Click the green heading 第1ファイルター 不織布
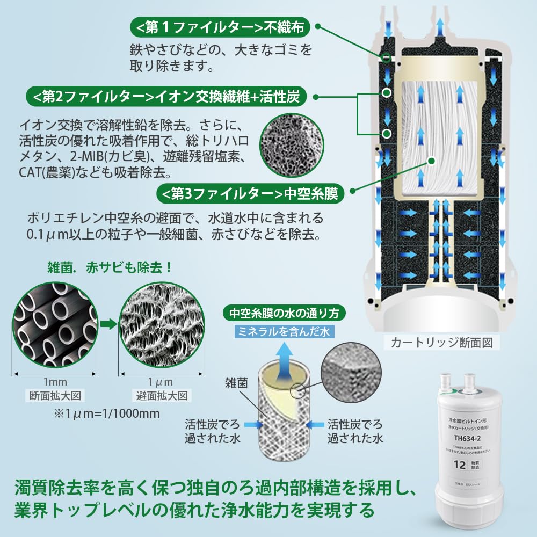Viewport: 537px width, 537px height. tap(220, 26)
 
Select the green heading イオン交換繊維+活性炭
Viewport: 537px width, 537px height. tap(166, 97)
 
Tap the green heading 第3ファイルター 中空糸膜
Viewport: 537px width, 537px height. tap(249, 193)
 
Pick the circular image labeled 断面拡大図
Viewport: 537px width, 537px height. tap(55, 328)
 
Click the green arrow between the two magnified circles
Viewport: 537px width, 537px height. tap(108, 324)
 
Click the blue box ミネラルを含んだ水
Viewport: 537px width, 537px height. tap(284, 332)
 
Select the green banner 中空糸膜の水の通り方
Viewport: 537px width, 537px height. tap(284, 313)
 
